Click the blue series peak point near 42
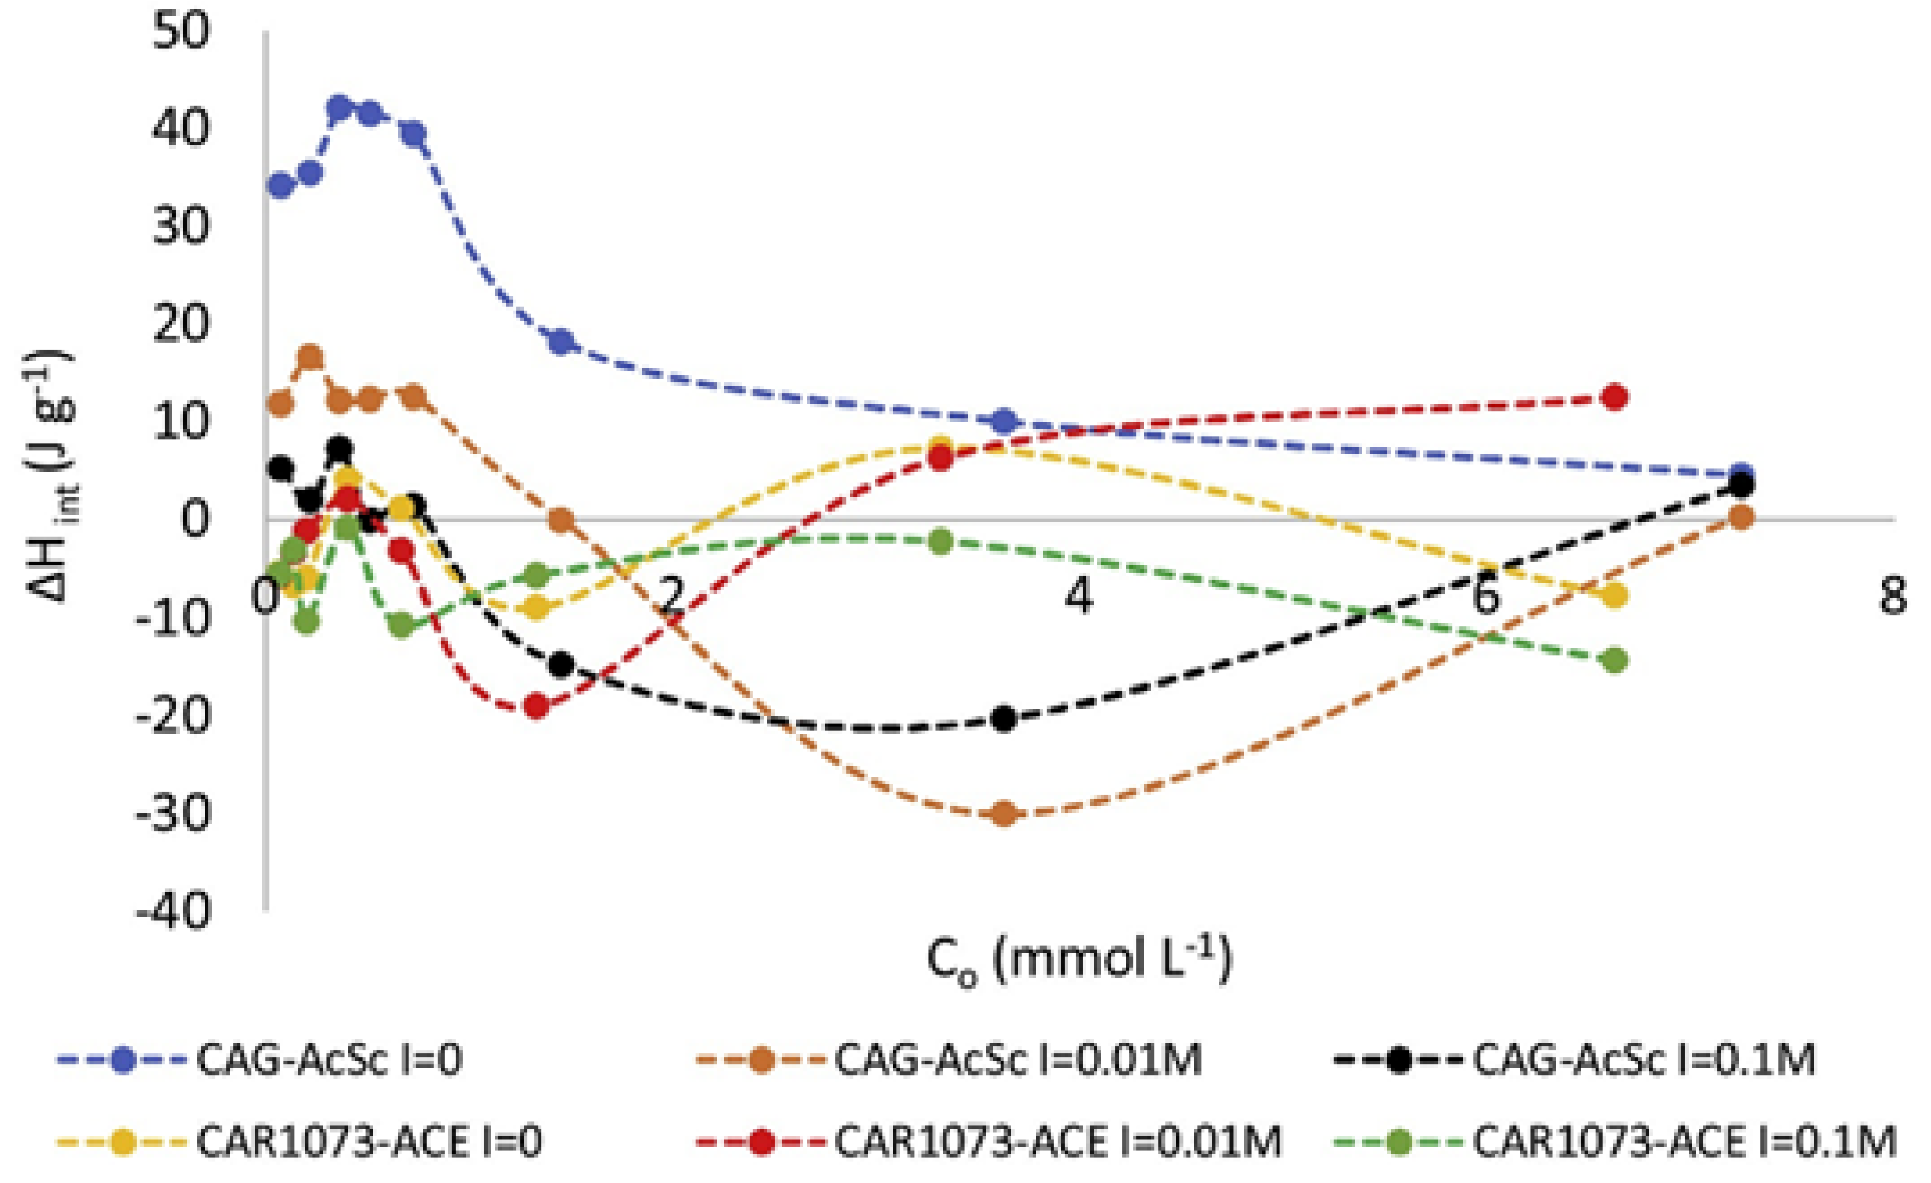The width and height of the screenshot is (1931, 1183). pyautogui.click(x=339, y=109)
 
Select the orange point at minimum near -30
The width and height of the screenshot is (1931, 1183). pyautogui.click(x=1004, y=814)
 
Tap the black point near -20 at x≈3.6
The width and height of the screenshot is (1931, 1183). pyautogui.click(x=1004, y=718)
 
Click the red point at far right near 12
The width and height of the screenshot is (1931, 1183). pyautogui.click(x=1613, y=396)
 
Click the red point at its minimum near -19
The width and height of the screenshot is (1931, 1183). pyautogui.click(x=537, y=706)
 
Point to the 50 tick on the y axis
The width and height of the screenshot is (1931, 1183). pyautogui.click(x=182, y=33)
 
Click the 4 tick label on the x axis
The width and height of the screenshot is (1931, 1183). pyautogui.click(x=1079, y=598)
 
